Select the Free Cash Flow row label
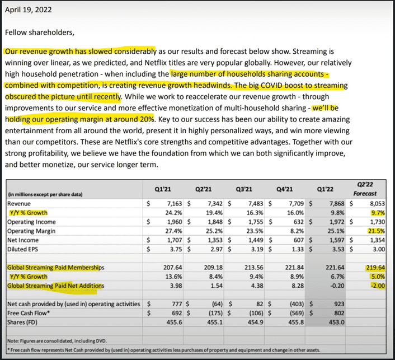pyautogui.click(x=27, y=313)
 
